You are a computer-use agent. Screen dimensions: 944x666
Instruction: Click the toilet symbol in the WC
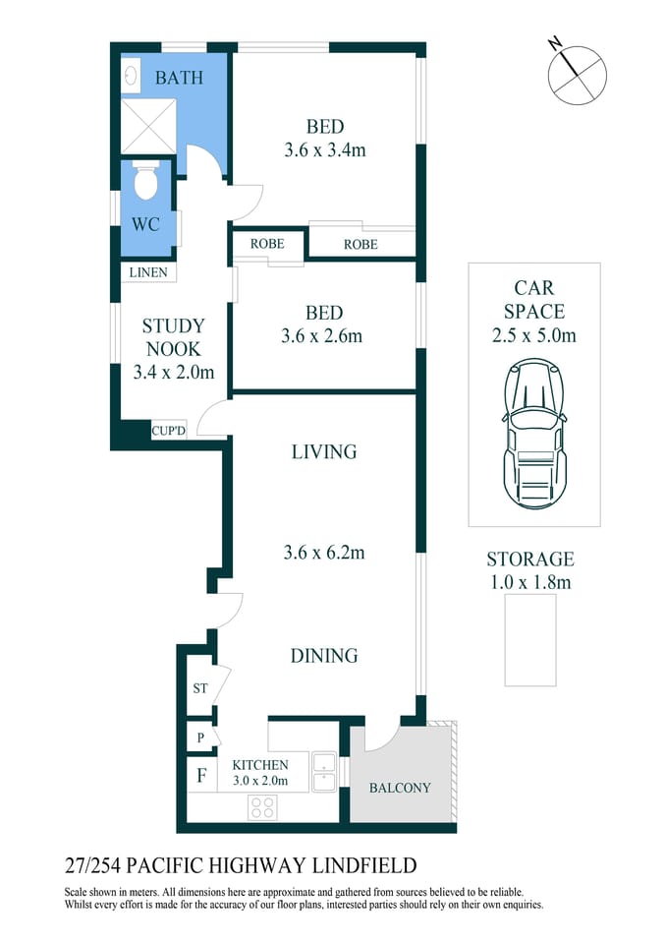point(146,183)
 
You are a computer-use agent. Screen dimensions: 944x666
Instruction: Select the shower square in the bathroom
point(148,126)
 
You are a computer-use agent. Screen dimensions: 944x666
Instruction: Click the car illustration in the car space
point(533,434)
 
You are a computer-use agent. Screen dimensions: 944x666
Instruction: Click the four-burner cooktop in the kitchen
point(262,807)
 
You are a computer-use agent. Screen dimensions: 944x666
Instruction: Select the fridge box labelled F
point(201,776)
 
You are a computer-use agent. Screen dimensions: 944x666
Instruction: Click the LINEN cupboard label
point(148,272)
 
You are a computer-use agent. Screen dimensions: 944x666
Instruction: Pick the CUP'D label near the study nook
point(168,430)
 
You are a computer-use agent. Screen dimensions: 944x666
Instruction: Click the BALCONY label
point(399,788)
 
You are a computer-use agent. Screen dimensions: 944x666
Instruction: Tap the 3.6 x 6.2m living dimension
point(324,553)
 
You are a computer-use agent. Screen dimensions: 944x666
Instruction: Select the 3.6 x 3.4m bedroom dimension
point(324,150)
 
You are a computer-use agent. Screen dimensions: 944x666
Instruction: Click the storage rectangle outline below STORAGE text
point(530,639)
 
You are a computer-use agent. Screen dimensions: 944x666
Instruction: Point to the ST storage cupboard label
point(199,688)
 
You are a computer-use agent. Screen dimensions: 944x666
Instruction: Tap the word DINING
point(324,656)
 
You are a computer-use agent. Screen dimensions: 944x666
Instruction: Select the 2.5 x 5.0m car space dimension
point(533,335)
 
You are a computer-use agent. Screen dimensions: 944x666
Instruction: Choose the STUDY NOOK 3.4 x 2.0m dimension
point(173,373)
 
